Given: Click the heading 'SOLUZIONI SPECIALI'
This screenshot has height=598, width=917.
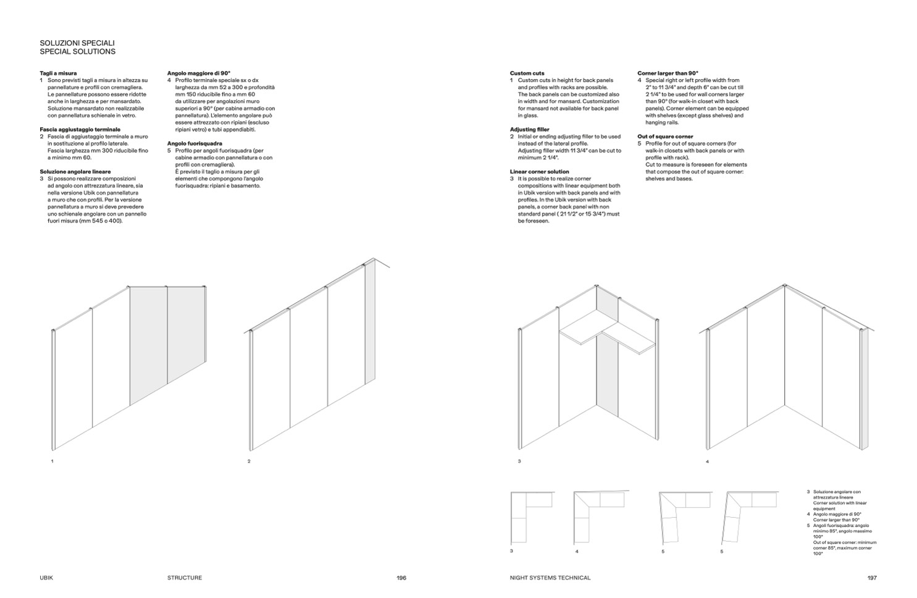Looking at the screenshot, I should tap(77, 43).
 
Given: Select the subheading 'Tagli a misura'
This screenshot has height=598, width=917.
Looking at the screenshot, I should tap(58, 73).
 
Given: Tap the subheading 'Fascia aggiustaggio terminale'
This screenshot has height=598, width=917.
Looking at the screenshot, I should tap(80, 129).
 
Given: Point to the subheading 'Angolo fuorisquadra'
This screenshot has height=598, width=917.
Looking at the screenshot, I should tap(195, 143).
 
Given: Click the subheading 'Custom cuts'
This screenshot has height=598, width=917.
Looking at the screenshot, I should tap(527, 73).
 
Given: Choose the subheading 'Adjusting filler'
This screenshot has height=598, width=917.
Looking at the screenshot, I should tap(529, 130).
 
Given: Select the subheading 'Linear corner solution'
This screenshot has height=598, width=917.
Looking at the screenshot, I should tap(539, 172).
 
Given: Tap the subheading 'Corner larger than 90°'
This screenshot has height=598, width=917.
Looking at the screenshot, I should tap(668, 73).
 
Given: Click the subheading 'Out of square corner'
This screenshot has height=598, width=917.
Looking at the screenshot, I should tap(665, 137).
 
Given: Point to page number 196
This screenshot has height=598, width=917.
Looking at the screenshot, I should tap(401, 578).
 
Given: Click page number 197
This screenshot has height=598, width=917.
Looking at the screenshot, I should tap(871, 578).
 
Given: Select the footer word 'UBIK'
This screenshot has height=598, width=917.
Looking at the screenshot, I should tap(47, 578).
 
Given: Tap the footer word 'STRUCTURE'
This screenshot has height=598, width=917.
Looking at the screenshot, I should tap(185, 578).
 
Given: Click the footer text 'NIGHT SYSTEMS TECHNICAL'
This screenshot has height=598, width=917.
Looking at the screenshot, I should tap(550, 578).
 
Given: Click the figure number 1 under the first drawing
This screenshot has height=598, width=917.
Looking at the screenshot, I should tap(52, 461).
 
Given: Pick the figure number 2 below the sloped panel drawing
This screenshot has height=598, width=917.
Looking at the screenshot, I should tap(249, 461).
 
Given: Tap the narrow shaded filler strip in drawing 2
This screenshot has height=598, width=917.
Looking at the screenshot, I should tap(369, 324).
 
